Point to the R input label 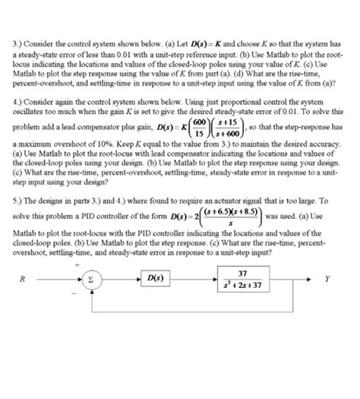[x=25, y=279]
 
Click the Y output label [x=328, y=279]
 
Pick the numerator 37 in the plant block [x=242, y=273]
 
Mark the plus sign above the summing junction [x=78, y=264]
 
